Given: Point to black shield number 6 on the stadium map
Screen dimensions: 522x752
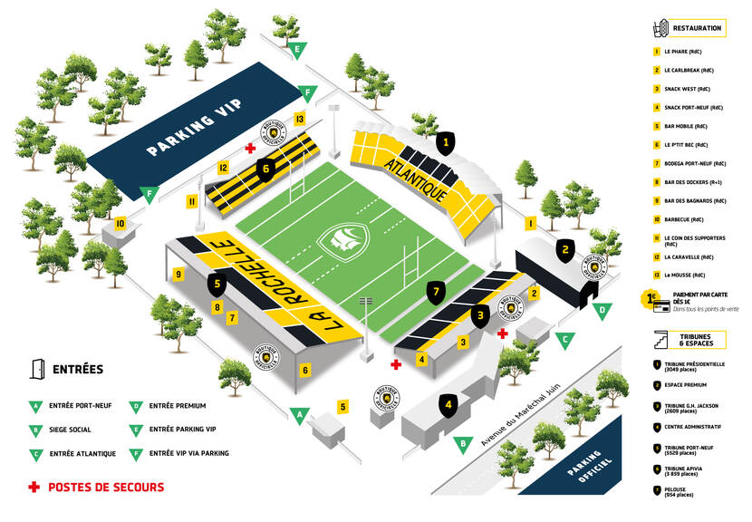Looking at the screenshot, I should tap(265, 168).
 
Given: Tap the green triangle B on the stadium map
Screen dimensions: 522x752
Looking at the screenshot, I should tap(463, 444).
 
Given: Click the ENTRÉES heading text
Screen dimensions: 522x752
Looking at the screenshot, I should tap(78, 369).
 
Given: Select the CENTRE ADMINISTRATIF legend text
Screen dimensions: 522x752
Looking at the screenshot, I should tap(693, 426).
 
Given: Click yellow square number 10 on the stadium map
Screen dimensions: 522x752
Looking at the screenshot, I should tap(120, 223).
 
